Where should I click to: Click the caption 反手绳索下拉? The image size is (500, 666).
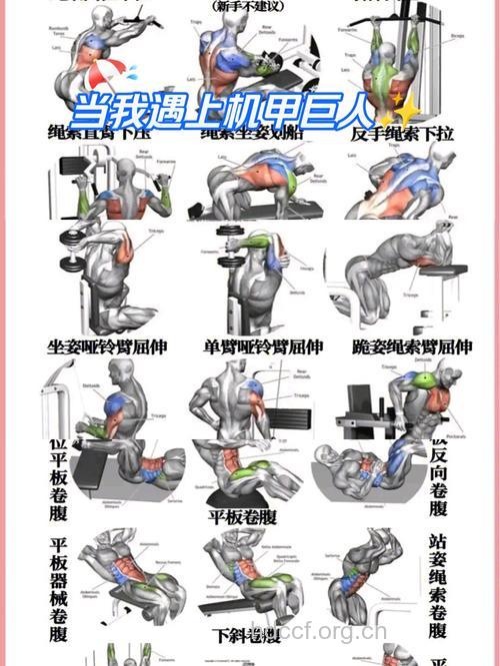point(402,133)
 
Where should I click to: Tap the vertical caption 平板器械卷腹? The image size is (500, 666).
point(59,589)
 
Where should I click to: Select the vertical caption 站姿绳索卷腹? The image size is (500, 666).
point(437,584)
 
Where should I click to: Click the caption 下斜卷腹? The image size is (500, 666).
point(246,635)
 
